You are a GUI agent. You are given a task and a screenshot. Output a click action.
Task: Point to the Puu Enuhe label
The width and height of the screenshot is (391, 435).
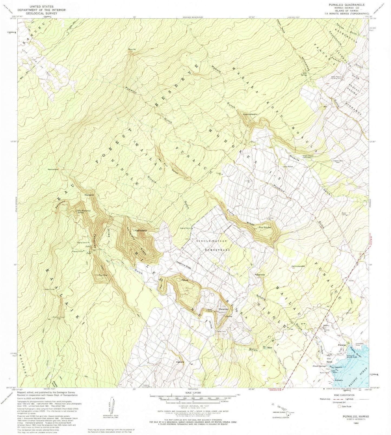pos(265,227)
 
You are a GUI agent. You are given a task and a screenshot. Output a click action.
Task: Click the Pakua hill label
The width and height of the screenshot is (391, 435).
pos(185,280)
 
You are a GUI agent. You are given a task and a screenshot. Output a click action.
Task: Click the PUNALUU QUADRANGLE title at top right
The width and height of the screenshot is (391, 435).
pos(347,5)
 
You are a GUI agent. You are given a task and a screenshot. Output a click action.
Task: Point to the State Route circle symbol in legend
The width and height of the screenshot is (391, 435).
pos(339,406)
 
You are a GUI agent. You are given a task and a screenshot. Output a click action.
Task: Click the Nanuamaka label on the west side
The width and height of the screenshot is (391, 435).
pos(53,169)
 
